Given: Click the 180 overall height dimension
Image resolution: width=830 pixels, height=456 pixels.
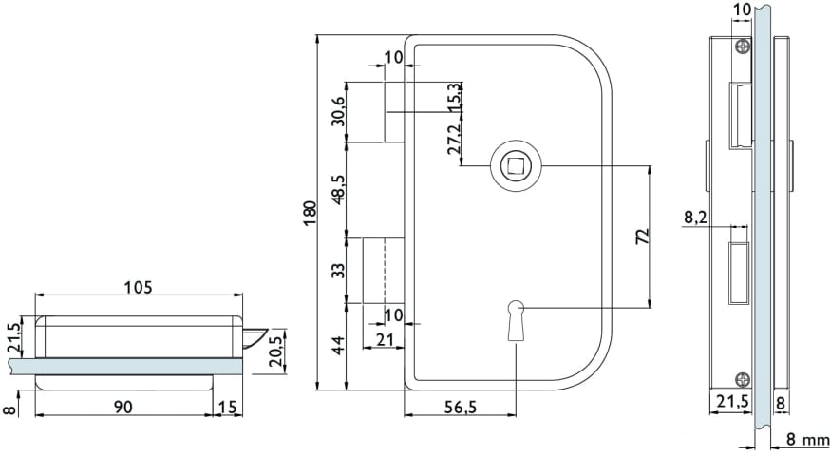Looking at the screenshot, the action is tap(311, 213).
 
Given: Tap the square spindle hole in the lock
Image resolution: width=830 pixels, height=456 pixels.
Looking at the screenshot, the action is tap(515, 165).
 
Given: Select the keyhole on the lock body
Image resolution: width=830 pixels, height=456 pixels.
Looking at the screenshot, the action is tap(515, 321).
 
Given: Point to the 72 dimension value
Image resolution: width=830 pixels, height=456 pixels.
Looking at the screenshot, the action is tap(642, 237).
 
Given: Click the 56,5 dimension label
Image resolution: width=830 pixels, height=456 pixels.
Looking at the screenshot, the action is tap(459, 407).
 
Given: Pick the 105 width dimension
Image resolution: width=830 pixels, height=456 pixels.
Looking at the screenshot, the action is tap(138, 287).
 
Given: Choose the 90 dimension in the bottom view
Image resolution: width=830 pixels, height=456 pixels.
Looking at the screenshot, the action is tap(123, 407).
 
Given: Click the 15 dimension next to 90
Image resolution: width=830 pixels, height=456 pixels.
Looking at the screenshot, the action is tap(228, 407).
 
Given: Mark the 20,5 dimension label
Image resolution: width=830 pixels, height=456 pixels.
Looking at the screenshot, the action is tap(275, 351).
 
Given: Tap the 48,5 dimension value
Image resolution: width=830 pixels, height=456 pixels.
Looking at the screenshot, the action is tap(338, 189).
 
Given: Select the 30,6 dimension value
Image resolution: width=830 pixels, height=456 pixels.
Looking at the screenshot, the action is tap(338, 111).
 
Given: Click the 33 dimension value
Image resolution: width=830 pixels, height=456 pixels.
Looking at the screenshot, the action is tap(338, 270).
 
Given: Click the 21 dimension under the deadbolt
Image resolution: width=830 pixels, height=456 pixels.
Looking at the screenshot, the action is tap(385, 339).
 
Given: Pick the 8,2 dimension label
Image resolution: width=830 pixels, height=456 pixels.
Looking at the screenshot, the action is tap(695, 218).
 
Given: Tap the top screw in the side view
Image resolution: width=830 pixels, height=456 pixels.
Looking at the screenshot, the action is tap(744, 47).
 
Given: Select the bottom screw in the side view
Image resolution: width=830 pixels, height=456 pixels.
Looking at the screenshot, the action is tap(744, 379).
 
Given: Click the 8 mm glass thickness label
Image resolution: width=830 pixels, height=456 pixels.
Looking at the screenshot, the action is tap(807, 439).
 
